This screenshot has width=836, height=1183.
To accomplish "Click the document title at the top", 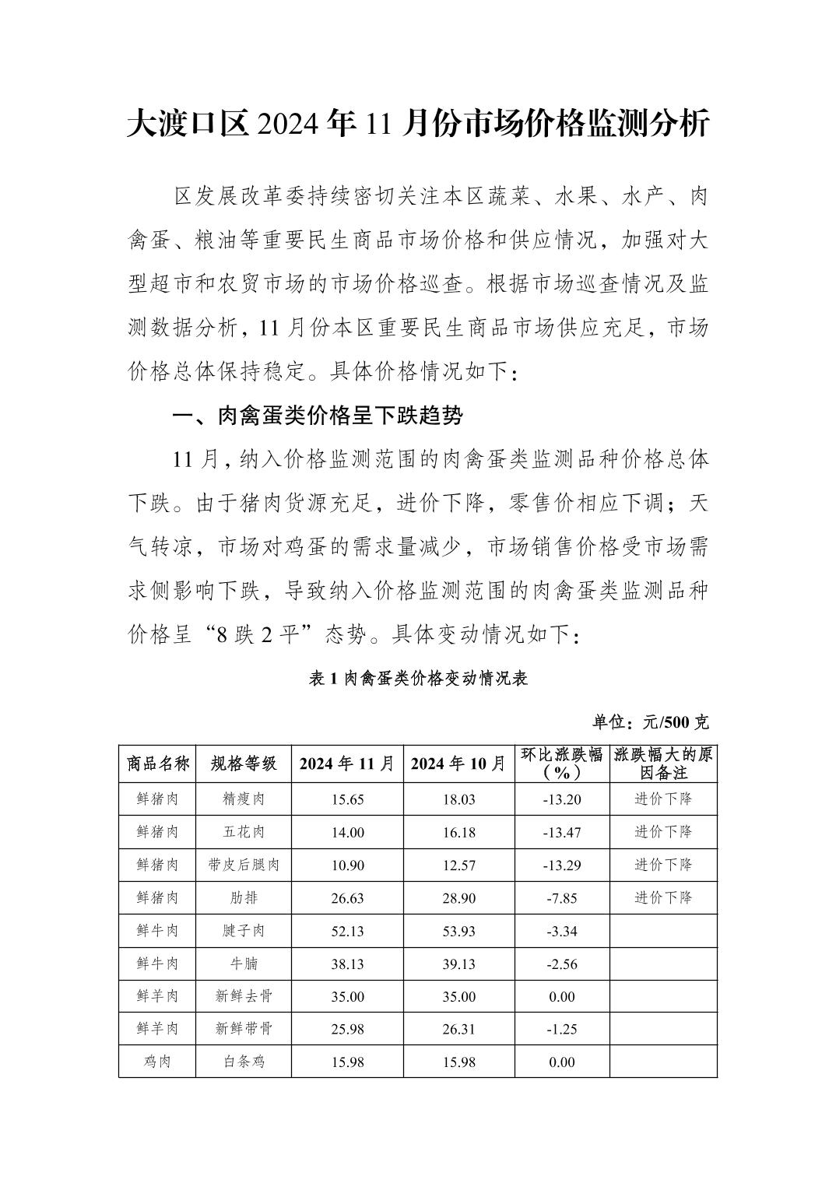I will (x=418, y=125).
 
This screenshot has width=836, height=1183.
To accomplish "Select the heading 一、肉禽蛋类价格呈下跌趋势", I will (x=317, y=416).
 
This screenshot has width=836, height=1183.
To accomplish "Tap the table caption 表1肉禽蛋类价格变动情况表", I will (x=418, y=679).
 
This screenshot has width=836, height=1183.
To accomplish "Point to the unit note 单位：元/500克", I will (x=650, y=722).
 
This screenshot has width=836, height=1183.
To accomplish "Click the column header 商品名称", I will (x=158, y=764).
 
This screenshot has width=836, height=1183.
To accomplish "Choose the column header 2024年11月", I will (x=347, y=764).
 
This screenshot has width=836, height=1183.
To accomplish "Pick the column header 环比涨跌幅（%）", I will (x=562, y=764).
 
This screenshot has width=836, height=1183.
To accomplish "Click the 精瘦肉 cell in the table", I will (x=244, y=799).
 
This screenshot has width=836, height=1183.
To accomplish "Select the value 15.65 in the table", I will (x=347, y=799).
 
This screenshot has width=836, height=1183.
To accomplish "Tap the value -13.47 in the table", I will (x=562, y=832).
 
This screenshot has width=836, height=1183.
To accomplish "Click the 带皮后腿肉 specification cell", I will (x=244, y=865).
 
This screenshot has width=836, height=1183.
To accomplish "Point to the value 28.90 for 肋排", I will (x=458, y=898).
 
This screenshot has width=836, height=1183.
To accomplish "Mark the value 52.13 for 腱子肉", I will (x=347, y=931).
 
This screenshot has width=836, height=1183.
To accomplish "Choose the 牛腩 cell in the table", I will (x=244, y=964).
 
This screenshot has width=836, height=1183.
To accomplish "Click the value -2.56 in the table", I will (x=562, y=964).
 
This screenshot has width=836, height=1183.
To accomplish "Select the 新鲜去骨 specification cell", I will (x=244, y=996).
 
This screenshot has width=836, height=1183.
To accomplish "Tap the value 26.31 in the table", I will (x=458, y=1029).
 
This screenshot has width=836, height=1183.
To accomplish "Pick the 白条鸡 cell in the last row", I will (x=244, y=1062).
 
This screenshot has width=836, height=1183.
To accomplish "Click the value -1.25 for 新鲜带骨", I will (x=562, y=1029).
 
